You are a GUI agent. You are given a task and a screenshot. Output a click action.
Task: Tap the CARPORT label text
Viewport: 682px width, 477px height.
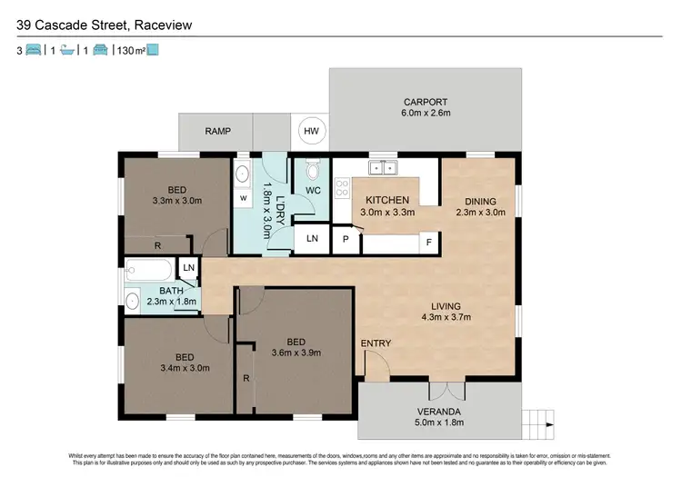tap(426, 102)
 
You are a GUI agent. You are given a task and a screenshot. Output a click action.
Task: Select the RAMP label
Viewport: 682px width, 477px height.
tap(217, 132)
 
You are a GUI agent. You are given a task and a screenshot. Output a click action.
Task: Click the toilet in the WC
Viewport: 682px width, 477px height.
tap(313, 171)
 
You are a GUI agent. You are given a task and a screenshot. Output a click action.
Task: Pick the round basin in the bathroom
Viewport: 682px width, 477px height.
tap(133, 299)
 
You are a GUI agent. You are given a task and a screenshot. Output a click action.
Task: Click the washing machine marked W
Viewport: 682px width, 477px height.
tap(243, 197)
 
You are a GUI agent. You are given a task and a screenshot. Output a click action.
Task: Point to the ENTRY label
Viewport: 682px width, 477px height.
tap(376, 343)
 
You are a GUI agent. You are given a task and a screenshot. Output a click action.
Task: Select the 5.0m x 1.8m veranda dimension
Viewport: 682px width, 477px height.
tap(440, 422)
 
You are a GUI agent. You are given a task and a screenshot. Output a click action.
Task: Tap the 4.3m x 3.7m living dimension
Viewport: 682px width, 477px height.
tap(446, 318)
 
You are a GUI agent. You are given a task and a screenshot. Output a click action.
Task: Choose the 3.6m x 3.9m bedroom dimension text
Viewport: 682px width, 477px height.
tap(297, 353)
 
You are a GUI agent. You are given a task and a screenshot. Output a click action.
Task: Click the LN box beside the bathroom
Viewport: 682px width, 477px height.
tap(189, 268)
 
